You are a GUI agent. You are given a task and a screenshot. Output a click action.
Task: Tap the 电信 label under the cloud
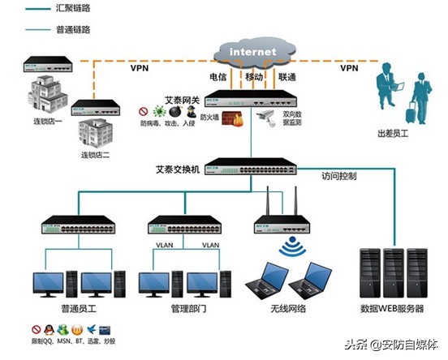point(218,77)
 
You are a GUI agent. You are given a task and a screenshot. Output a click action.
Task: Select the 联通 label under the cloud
point(287,77)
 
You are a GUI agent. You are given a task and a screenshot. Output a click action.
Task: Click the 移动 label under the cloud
point(253,77)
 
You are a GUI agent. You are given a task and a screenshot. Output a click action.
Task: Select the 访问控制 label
point(338,175)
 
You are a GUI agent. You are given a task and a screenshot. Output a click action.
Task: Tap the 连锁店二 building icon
point(97,131)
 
